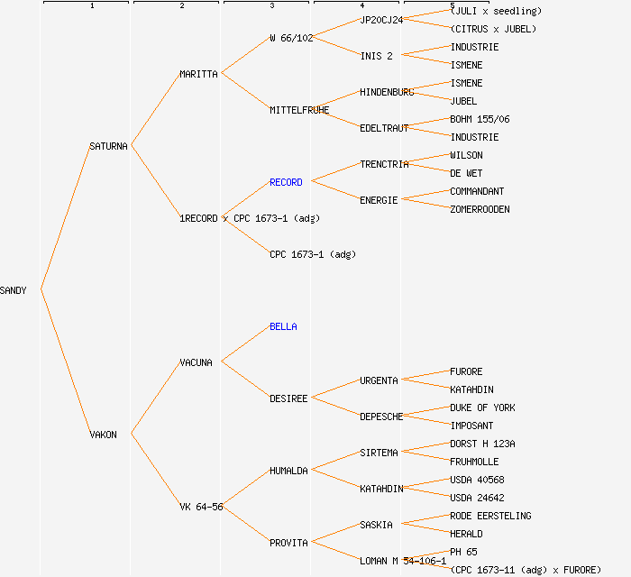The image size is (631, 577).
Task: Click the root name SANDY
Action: (14, 290)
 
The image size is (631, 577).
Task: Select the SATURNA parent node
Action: (108, 146)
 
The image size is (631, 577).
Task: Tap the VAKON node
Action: (103, 435)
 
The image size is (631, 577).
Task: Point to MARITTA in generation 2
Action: (198, 74)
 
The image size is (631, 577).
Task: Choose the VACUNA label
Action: (196, 362)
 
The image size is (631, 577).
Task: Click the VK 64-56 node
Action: (201, 507)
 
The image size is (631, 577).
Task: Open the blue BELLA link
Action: (283, 326)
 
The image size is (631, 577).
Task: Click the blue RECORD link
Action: (286, 182)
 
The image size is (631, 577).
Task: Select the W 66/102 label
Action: (291, 38)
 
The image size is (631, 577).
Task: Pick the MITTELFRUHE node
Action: (299, 110)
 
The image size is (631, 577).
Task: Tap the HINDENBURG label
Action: (387, 92)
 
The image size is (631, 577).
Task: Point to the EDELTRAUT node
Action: (384, 128)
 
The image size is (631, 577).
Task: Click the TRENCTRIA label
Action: (384, 164)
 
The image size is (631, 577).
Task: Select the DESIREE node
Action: (288, 398)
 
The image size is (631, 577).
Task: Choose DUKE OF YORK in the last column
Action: (482, 408)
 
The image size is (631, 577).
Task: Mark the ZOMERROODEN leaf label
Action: (480, 209)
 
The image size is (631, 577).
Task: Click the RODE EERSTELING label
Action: (490, 516)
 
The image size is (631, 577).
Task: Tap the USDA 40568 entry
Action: (477, 480)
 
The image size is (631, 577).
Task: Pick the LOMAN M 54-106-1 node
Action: (403, 561)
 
